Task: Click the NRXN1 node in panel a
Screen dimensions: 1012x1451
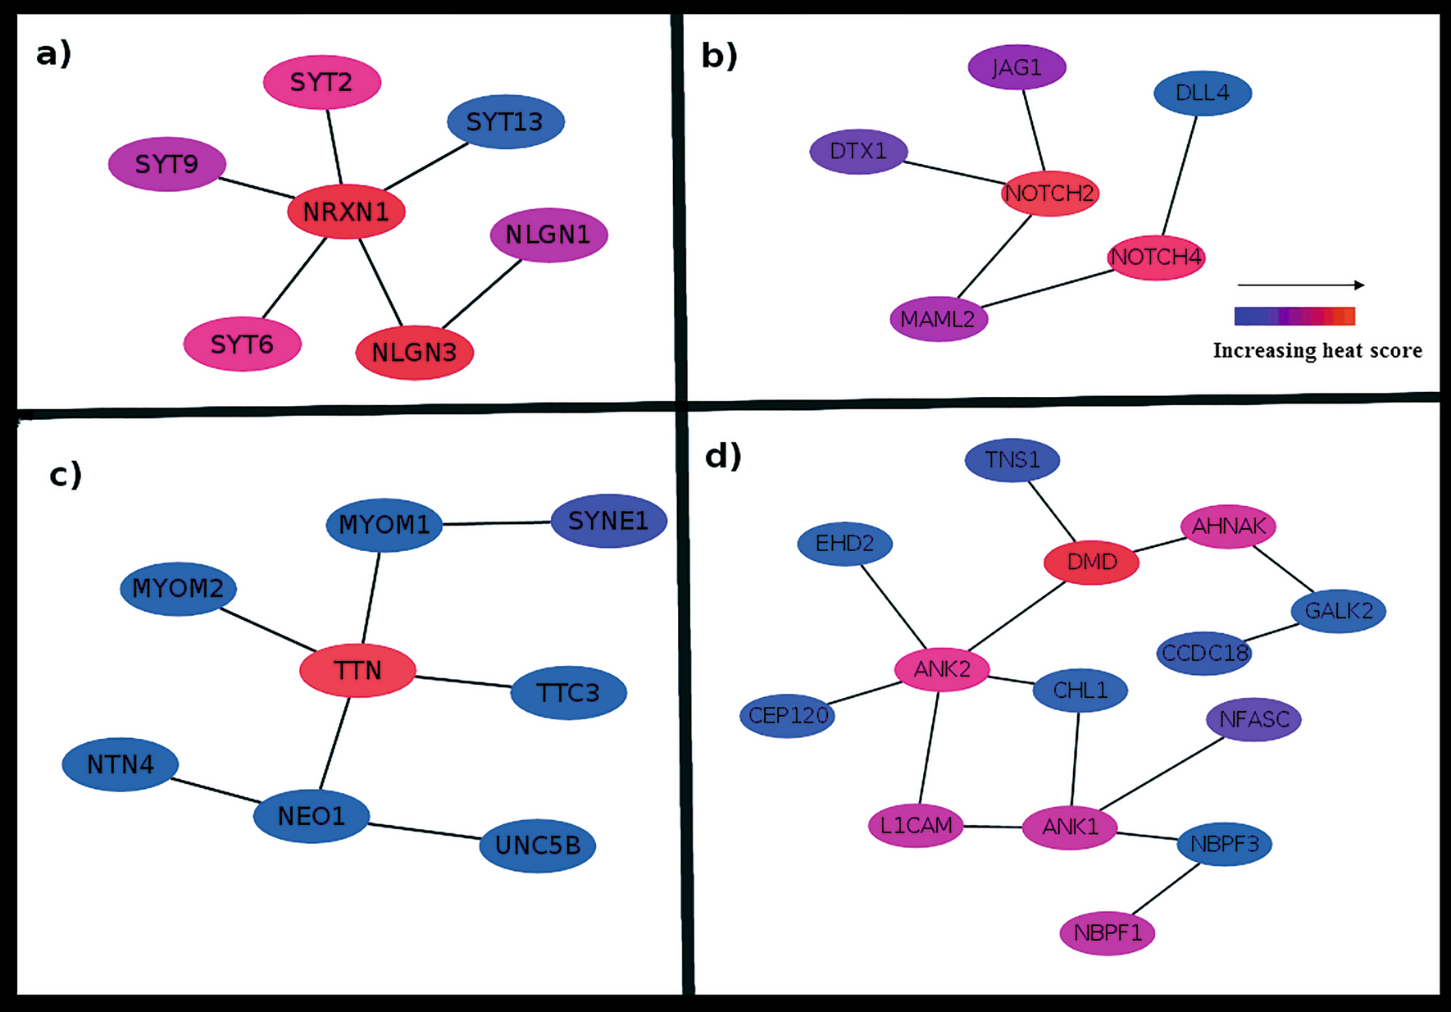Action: pos(346,212)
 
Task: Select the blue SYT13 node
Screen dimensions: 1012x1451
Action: pos(505,122)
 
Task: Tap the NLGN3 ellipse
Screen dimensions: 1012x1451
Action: pos(414,353)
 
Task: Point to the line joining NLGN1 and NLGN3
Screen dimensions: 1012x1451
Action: pos(482,294)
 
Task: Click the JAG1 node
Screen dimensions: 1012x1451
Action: pos(1017,67)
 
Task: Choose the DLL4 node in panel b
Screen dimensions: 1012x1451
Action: pos(1202,93)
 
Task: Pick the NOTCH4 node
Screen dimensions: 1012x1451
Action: pos(1156,257)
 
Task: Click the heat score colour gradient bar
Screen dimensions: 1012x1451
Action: pos(1294,316)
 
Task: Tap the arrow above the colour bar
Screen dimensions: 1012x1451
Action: pos(1299,285)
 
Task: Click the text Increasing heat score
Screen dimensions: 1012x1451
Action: pos(1317,350)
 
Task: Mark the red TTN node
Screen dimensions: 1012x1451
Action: pos(357,670)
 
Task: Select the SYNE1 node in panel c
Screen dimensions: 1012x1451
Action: pos(608,521)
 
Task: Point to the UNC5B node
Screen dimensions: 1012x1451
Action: pos(537,845)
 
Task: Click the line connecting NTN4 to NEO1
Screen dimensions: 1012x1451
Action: pos(216,790)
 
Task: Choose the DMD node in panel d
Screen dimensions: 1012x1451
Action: pos(1091,562)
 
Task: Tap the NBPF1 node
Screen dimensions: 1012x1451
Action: pos(1107,932)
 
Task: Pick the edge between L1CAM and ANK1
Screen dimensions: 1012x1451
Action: pos(993,826)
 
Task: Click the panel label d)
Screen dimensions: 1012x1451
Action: pos(722,455)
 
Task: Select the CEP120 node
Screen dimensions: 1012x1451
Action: pos(788,715)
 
